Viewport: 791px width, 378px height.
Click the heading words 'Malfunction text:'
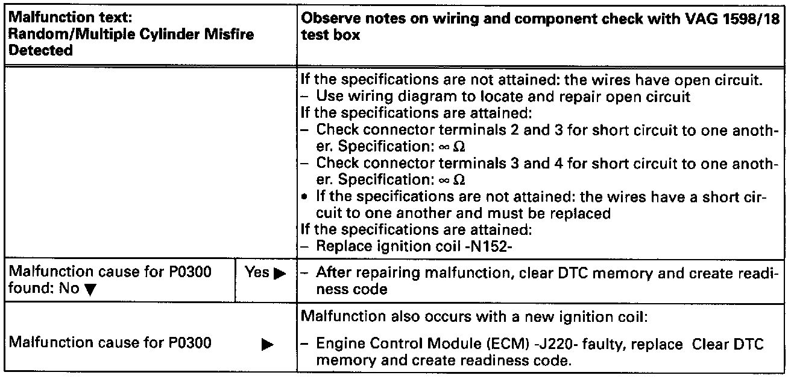point(55,18)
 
